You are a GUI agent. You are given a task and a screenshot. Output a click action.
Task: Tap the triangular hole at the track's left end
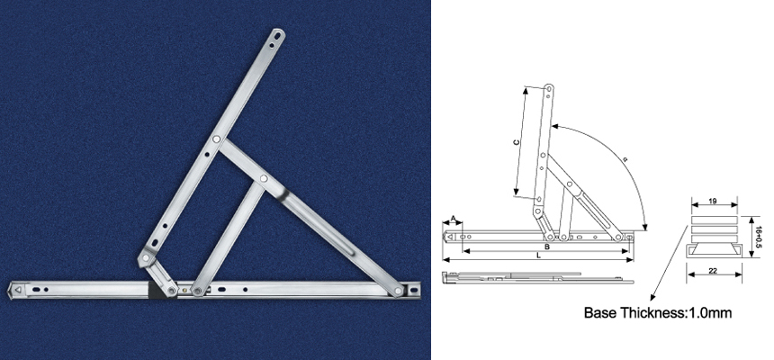[x=18, y=291]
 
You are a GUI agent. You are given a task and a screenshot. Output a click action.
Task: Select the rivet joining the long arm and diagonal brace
[x=217, y=140]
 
